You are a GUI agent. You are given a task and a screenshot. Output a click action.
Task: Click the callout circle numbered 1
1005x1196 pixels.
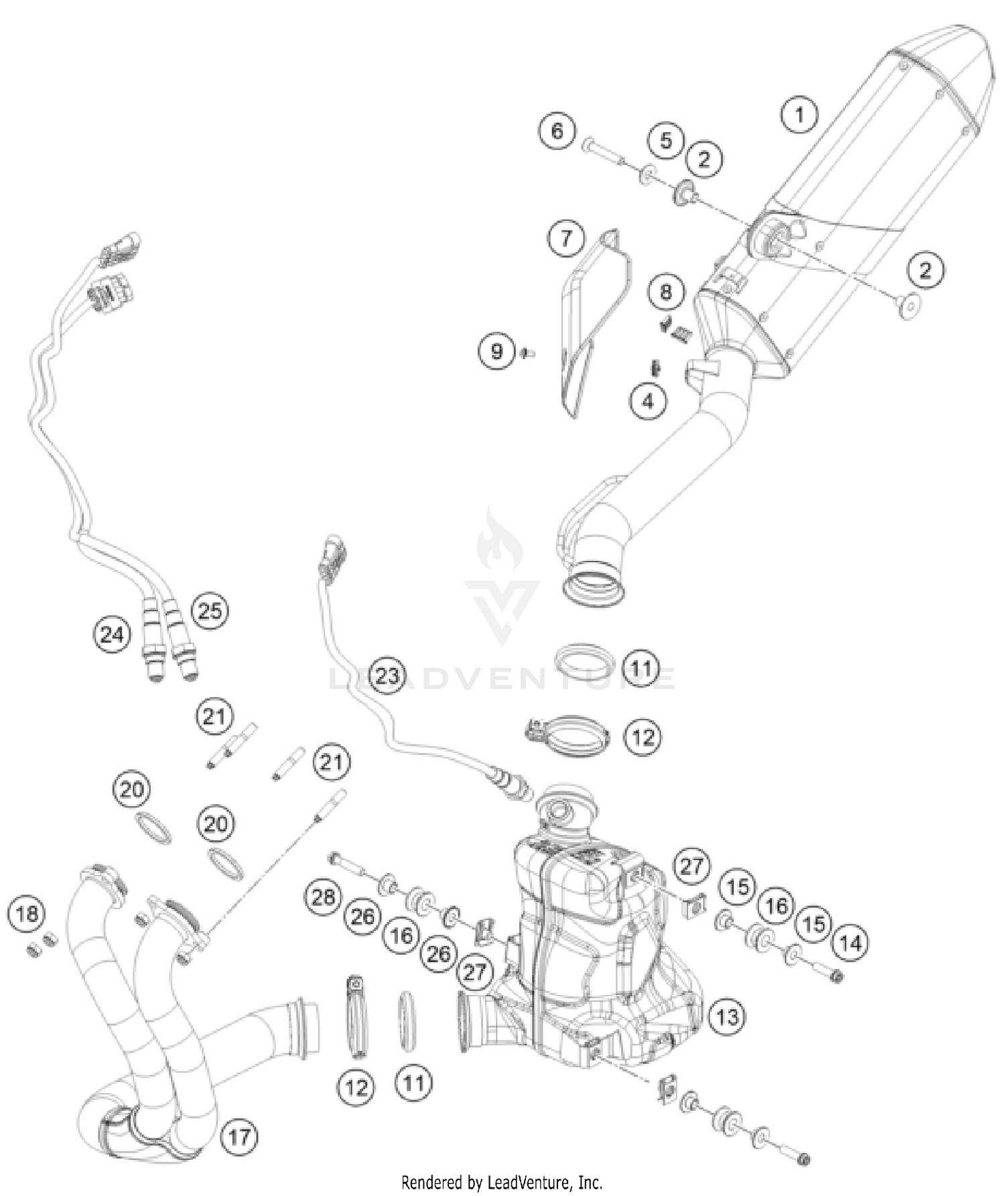point(799,115)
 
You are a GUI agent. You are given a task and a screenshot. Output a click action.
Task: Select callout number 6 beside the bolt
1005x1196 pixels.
point(557,130)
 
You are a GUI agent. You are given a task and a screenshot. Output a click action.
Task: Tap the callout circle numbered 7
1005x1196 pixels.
point(566,238)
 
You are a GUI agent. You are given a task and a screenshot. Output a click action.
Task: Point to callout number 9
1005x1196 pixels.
point(496,351)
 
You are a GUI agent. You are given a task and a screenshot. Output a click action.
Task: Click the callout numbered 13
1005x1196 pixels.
point(727,1016)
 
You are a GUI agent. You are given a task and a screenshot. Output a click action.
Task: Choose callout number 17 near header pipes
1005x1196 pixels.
point(239,1136)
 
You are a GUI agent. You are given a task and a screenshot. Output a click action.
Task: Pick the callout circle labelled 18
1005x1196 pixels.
point(27,913)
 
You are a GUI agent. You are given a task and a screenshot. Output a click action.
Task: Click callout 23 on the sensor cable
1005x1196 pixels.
point(387,675)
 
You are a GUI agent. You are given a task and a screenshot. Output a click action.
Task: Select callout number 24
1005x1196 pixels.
point(111,634)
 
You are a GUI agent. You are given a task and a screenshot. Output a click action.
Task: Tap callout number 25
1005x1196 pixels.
point(210,610)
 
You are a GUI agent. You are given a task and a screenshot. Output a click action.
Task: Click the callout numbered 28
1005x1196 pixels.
point(323,896)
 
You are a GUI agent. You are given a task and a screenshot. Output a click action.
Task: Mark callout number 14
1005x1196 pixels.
point(850,943)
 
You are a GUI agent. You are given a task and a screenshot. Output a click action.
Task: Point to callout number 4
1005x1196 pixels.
point(647,401)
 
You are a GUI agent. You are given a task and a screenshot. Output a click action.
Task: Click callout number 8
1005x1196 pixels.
point(665,291)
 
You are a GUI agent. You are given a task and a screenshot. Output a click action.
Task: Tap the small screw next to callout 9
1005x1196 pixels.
point(527,352)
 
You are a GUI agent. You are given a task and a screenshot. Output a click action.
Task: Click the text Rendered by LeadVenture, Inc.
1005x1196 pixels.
point(501,1182)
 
